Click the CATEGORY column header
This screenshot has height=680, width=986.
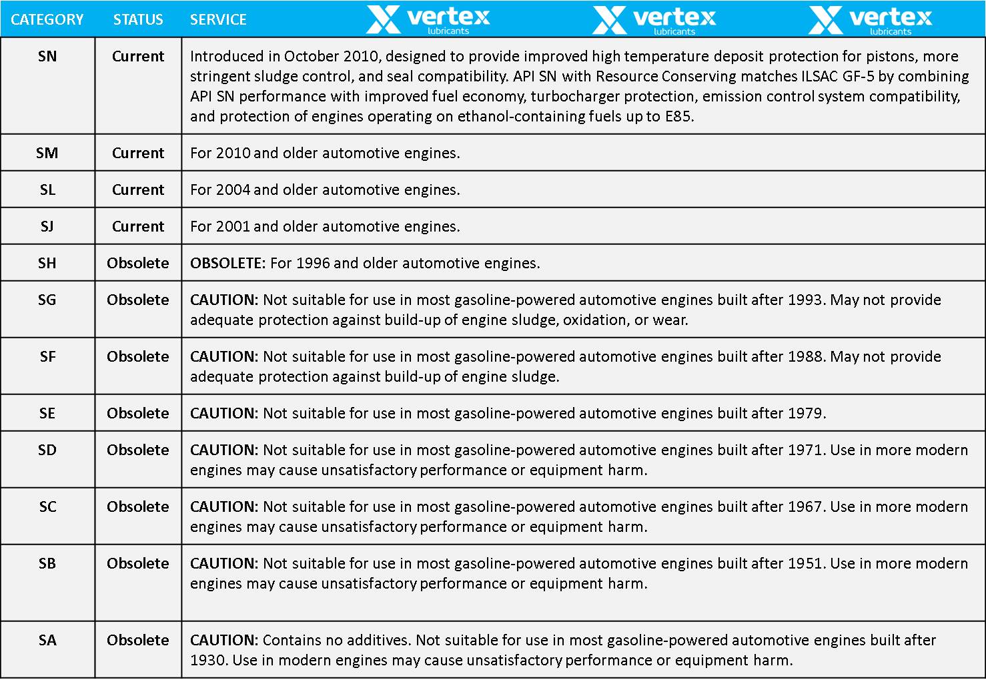47,19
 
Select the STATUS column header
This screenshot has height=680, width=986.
138,19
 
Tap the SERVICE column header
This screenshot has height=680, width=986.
218,19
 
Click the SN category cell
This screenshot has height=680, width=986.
47,56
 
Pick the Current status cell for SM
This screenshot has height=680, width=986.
138,153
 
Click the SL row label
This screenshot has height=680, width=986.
47,190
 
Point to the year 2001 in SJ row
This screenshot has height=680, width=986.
233,226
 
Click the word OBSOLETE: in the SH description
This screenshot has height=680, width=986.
227,263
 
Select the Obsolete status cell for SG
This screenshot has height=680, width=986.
138,300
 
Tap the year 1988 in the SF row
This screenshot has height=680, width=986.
805,356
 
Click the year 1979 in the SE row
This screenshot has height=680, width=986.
805,413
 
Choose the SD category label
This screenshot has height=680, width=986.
47,450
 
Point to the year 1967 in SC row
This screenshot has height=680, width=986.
805,506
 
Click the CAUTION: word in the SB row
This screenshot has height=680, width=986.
223,563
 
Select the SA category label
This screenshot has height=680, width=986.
47,640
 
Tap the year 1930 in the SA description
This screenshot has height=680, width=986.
207,660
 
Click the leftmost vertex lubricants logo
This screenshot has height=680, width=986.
428,19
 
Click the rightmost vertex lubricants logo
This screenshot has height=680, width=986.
870,19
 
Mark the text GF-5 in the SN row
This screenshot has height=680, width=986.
858,76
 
